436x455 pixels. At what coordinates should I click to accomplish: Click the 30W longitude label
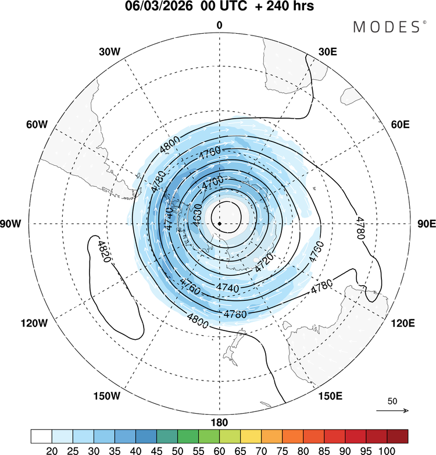point(109,51)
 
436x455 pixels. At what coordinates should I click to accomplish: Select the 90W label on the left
point(12,224)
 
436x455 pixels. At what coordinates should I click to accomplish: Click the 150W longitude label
point(106,396)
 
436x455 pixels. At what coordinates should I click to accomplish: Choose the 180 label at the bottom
point(219,422)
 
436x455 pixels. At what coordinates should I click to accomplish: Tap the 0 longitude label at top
point(219,25)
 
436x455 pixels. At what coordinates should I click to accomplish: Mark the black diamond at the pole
point(219,223)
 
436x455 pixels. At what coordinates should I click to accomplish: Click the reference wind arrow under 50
point(392,411)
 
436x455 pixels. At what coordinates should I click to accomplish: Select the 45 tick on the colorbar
point(156,450)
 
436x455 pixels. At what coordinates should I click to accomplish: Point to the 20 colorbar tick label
point(52,450)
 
